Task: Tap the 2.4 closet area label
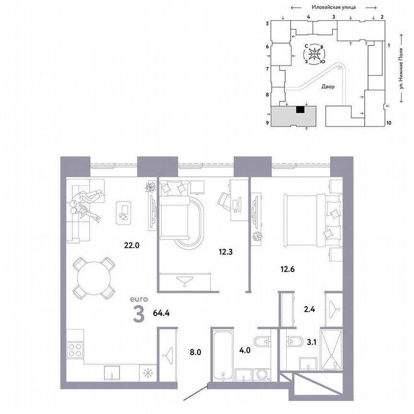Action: tap(310, 309)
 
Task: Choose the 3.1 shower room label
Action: tap(311, 342)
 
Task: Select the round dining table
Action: tap(94, 277)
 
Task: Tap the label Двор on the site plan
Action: tap(328, 87)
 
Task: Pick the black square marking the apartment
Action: tap(300, 110)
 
